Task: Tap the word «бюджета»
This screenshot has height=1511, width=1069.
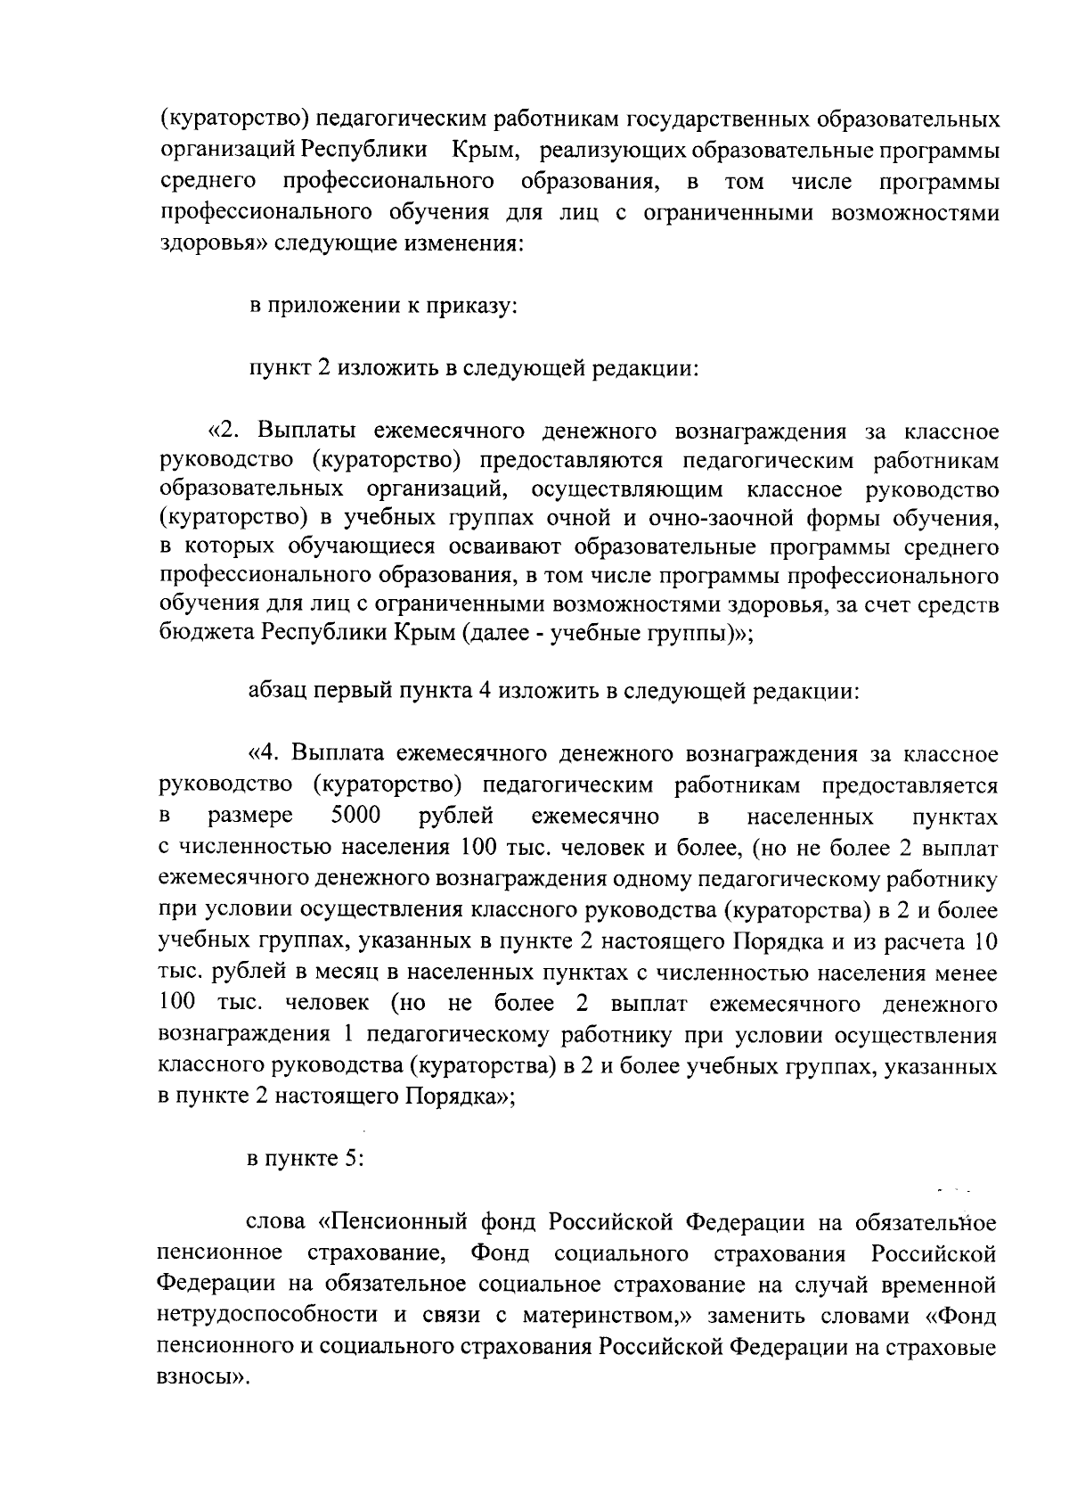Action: [x=208, y=633]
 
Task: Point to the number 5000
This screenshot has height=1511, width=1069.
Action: [x=355, y=816]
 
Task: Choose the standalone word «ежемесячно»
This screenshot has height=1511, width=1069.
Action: [x=595, y=816]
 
